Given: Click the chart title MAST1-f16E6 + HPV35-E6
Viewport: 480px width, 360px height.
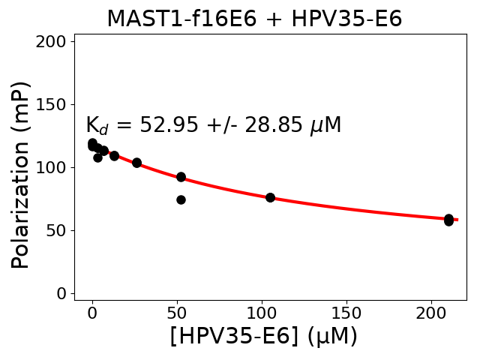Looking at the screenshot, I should coord(254,19).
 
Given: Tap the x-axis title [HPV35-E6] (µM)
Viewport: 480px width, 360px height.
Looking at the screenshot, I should coord(263,335).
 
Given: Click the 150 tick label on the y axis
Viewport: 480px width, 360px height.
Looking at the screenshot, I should coord(53,104).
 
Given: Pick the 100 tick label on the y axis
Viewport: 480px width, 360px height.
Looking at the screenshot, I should coord(53,167).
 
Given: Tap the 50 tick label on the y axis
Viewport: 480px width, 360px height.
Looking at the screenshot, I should coord(58,230).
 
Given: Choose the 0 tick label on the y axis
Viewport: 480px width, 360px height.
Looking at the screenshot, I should coord(62,293).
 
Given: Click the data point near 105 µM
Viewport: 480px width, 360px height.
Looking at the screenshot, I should coord(270,197).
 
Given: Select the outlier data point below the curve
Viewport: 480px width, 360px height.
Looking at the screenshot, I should coord(181,199).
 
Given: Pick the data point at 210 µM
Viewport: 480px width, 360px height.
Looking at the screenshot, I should coord(448,220).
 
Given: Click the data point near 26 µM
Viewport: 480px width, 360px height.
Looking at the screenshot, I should coord(136,163).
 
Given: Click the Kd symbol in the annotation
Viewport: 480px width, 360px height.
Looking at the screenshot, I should coord(97,126).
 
